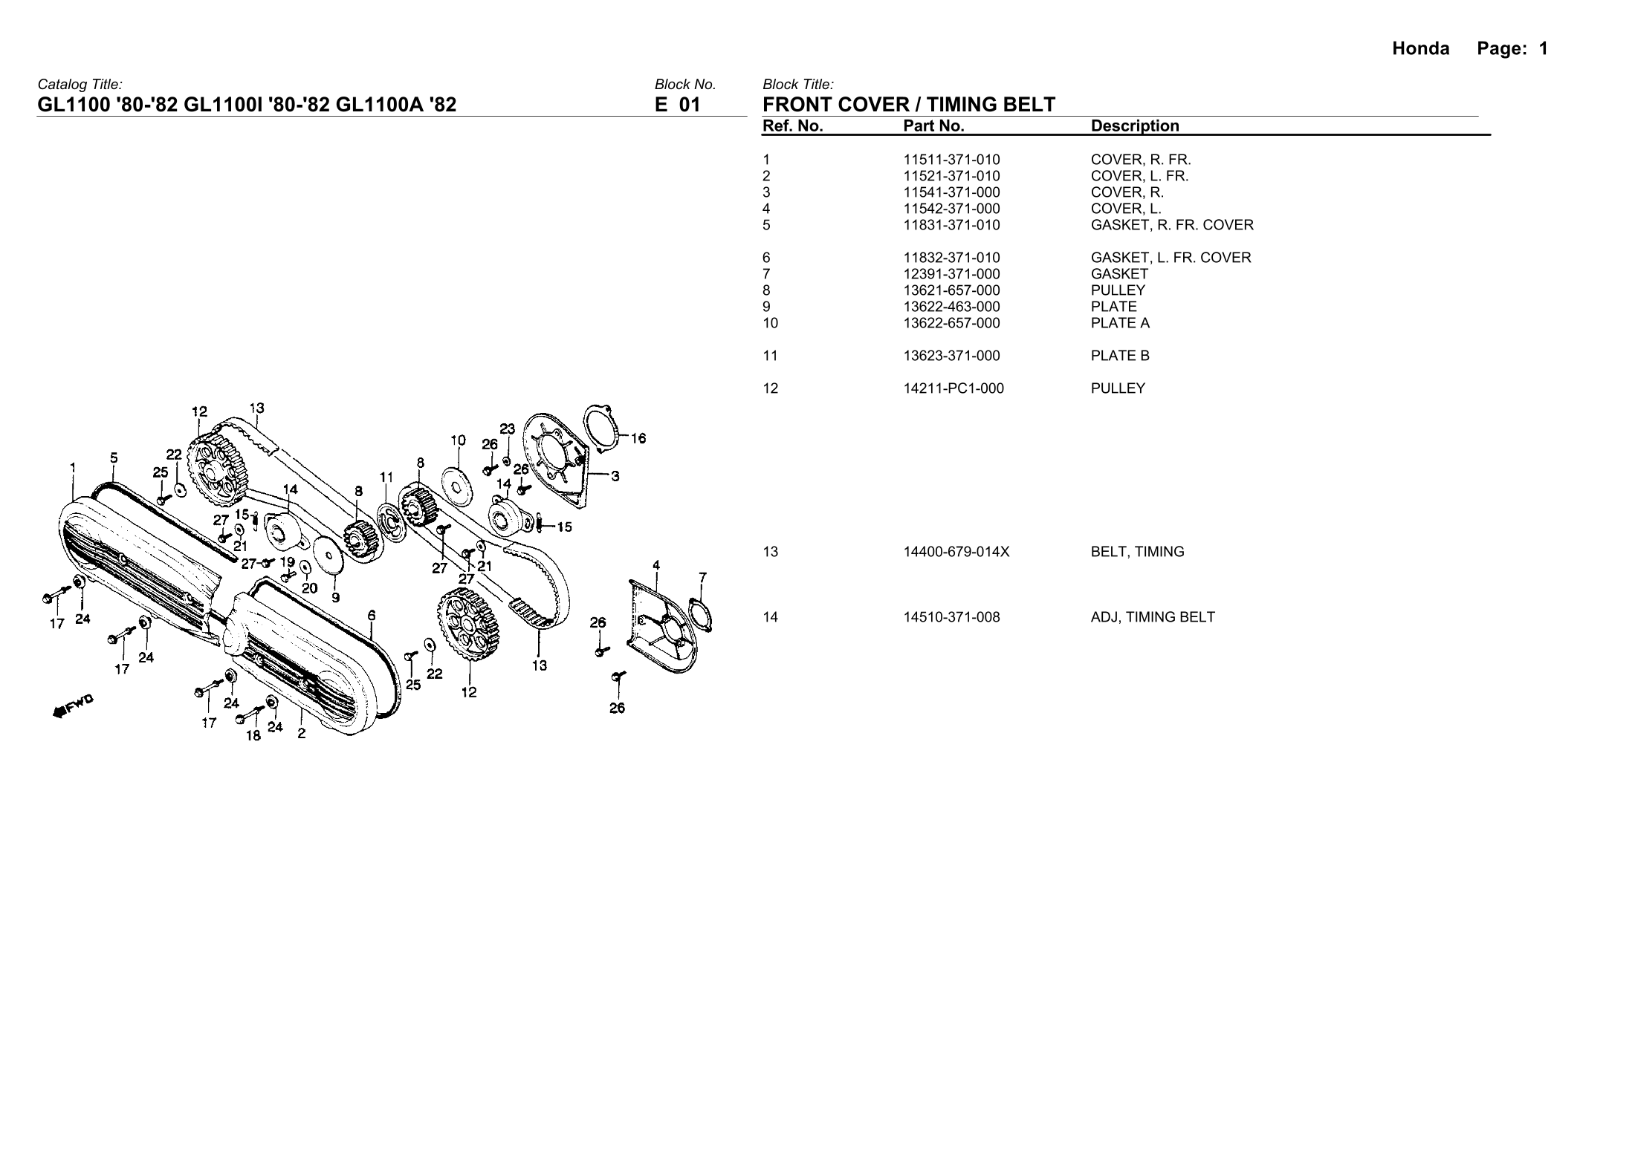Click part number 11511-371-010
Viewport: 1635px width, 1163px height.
951,160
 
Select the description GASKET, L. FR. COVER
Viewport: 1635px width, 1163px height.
1171,258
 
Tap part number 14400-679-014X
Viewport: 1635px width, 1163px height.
956,552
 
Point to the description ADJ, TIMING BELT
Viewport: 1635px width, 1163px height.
1153,617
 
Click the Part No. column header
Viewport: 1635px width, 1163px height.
933,126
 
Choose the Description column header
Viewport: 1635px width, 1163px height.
1135,126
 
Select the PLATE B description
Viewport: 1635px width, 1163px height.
1120,356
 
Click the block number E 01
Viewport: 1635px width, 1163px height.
677,105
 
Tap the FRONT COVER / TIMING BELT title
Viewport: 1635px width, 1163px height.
908,105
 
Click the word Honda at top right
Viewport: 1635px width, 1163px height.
1420,49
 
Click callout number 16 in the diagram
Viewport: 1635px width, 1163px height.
638,438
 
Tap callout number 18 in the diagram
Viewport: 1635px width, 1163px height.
253,735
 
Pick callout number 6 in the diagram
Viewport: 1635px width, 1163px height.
372,616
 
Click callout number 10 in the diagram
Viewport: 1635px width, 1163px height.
458,440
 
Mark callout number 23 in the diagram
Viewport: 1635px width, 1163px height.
507,429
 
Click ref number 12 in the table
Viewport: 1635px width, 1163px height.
770,388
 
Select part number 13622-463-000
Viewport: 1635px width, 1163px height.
951,307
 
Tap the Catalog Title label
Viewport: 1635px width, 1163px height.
80,85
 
